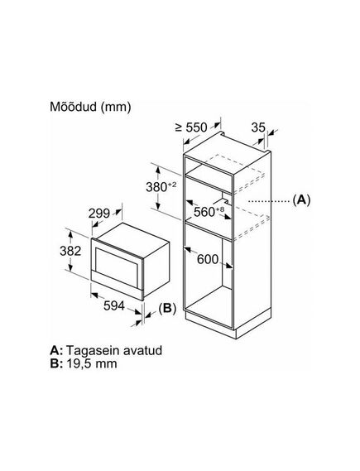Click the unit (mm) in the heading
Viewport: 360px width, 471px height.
pyautogui.click(x=116, y=108)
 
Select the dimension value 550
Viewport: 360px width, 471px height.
pyautogui.click(x=197, y=127)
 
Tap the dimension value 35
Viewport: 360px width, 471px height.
pyautogui.click(x=258, y=127)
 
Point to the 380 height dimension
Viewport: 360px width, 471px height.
pyautogui.click(x=156, y=187)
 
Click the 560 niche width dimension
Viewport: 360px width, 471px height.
pyautogui.click(x=204, y=212)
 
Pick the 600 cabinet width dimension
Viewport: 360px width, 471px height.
pyautogui.click(x=208, y=259)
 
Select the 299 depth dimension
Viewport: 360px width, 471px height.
pyautogui.click(x=99, y=214)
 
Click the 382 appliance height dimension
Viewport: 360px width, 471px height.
pyautogui.click(x=70, y=251)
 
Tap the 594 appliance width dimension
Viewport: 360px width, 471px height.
pyautogui.click(x=114, y=305)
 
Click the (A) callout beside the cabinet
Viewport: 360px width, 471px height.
pyautogui.click(x=301, y=199)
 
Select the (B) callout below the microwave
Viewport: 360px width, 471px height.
pyautogui.click(x=167, y=309)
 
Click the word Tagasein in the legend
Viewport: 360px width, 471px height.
pyautogui.click(x=89, y=351)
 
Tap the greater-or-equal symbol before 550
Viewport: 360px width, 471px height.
pyautogui.click(x=179, y=127)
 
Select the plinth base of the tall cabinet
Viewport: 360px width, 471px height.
pyautogui.click(x=228, y=325)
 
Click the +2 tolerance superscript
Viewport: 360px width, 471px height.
pyautogui.click(x=172, y=184)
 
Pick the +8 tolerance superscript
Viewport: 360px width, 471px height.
pyautogui.click(x=220, y=209)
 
